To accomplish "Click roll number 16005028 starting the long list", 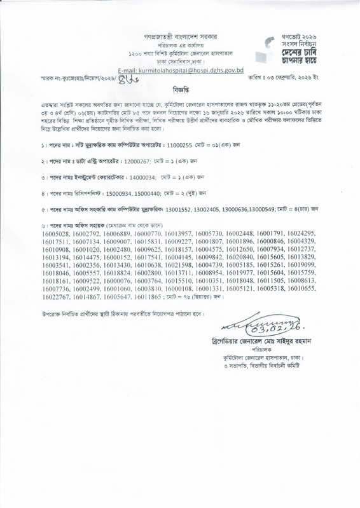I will [x=56, y=252].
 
